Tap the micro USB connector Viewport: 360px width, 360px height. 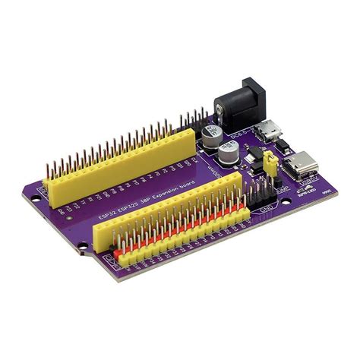coord(269,131)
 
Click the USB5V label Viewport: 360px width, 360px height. coord(308,183)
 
